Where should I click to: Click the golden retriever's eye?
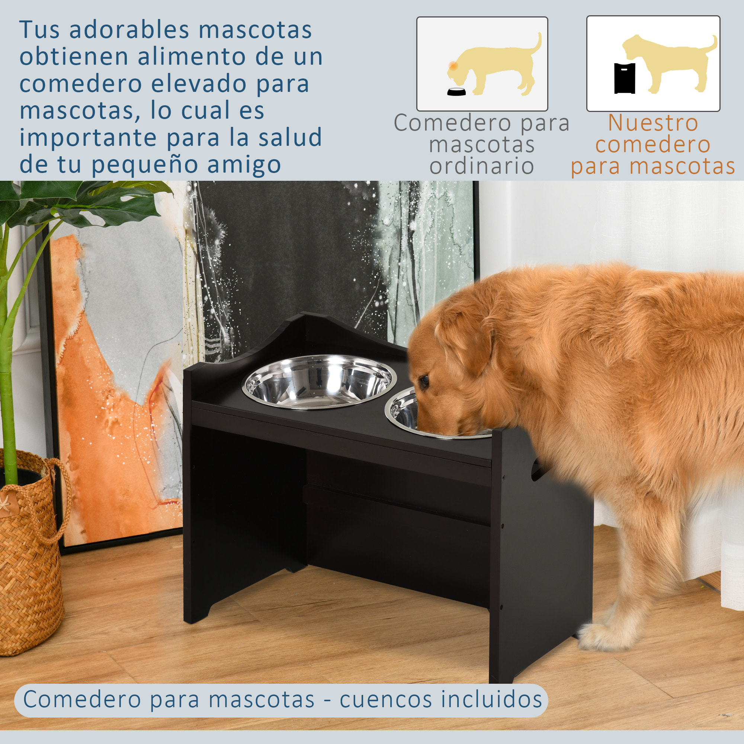point(424,381)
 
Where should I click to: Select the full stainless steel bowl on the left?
point(319,381)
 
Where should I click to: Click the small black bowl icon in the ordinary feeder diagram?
point(456,92)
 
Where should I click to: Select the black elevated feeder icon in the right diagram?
point(624,78)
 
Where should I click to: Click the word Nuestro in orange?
point(653,123)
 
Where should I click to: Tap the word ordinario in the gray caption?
point(482,166)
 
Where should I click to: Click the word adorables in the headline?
point(129,30)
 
